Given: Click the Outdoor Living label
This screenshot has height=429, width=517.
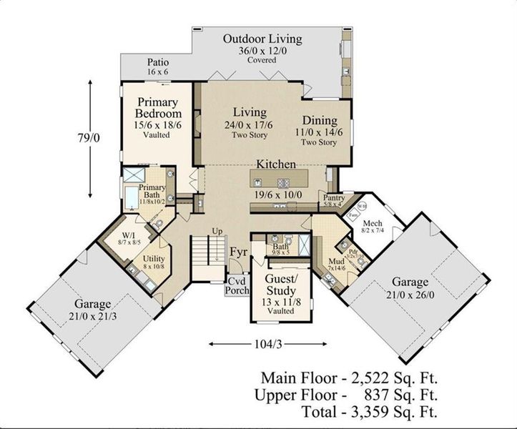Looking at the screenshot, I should pyautogui.click(x=262, y=39).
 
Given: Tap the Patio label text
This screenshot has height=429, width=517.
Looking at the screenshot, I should pyautogui.click(x=157, y=62).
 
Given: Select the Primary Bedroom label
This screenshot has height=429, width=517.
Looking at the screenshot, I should pyautogui.click(x=158, y=108).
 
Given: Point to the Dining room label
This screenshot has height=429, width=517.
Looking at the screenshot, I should pyautogui.click(x=319, y=121).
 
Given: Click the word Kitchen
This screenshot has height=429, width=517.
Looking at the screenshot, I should pyautogui.click(x=277, y=164).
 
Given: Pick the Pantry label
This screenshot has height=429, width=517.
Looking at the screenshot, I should pyautogui.click(x=335, y=197).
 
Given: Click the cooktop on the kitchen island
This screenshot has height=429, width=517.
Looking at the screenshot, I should pyautogui.click(x=283, y=182).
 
